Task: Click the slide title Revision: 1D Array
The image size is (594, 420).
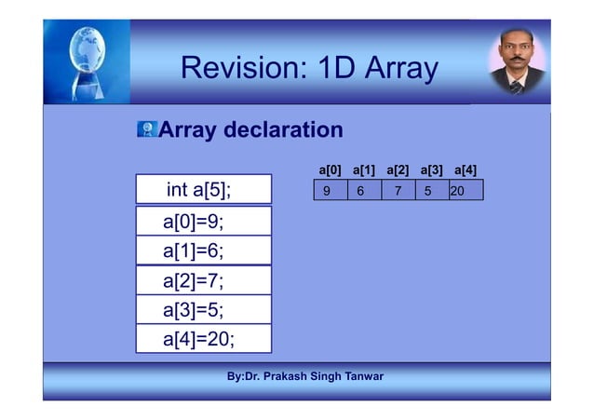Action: (308, 68)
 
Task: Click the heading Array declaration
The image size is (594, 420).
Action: (250, 129)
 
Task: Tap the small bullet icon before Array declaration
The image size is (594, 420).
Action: (146, 129)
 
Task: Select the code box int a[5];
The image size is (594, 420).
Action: (203, 189)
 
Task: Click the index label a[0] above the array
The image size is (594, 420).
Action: (330, 170)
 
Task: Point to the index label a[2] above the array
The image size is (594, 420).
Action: (398, 170)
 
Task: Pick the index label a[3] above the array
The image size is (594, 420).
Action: (431, 170)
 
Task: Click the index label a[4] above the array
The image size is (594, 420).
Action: (465, 170)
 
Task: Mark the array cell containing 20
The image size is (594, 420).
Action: (466, 191)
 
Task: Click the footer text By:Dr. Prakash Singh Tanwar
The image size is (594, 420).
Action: (304, 376)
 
